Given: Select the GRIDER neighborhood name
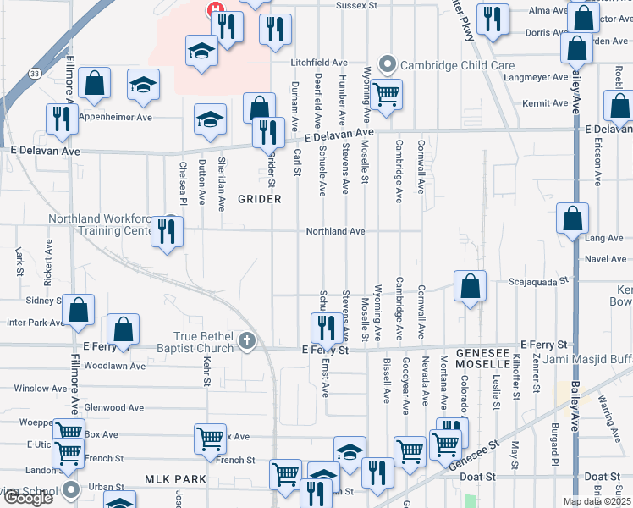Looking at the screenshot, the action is point(258,199).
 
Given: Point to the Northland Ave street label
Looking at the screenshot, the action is point(335,231).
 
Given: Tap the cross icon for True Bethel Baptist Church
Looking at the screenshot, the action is point(246,341).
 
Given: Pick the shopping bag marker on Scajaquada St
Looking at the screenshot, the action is point(470,286).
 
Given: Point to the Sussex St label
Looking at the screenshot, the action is point(355,5).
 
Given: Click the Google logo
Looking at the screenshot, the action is point(27,499).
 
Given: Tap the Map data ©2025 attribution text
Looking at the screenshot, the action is point(596,501).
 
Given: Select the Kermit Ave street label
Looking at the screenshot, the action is point(545,103).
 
